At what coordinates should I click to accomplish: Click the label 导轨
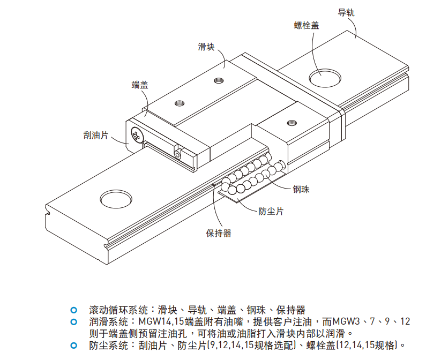(346, 12)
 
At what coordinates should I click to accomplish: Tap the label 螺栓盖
(307, 25)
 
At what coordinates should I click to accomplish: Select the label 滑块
(206, 48)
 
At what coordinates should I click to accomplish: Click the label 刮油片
(96, 136)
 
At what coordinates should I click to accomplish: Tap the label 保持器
(219, 233)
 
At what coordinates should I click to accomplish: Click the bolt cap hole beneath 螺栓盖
(325, 77)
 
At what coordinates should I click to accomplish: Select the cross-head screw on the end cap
(135, 135)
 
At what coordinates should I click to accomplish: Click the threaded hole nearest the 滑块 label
(218, 81)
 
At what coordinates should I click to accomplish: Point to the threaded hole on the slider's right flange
(292, 122)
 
